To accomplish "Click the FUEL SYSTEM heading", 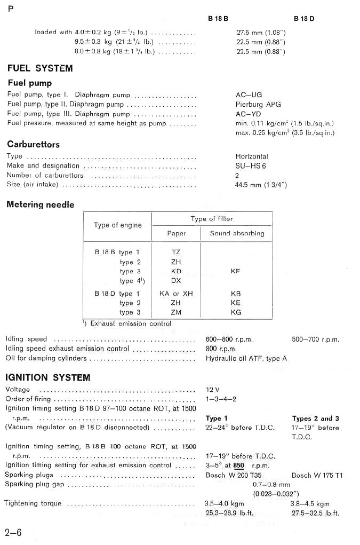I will [40, 68].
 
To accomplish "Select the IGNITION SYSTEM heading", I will [48, 377].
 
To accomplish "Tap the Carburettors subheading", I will [33, 144].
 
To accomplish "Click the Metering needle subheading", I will [41, 204].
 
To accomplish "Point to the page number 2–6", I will [13, 532].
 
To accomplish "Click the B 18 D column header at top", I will [304, 19].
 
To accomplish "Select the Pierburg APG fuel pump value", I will [258, 104].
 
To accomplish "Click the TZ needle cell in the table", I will [176, 252].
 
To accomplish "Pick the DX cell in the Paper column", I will [176, 280].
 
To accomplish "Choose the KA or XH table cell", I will [176, 294].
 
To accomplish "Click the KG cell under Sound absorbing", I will [236, 312].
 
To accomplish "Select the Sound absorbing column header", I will [237, 233].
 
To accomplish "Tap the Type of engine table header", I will [118, 225].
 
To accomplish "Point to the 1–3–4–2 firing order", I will [221, 399].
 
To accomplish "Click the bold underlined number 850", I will [239, 465].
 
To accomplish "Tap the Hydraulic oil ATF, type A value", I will [246, 358].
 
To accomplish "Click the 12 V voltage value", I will [212, 390].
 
